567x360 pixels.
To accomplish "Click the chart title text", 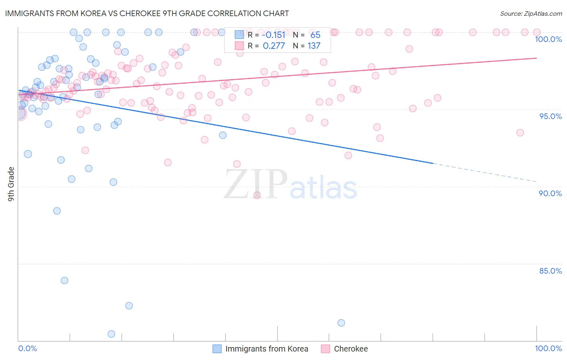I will click(x=147, y=13).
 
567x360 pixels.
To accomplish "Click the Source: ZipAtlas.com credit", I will click(x=531, y=13).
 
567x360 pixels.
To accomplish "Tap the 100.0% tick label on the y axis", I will click(x=548, y=39).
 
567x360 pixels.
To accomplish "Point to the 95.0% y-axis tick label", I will click(x=550, y=116).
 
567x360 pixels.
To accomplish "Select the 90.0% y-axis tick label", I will click(x=550, y=193).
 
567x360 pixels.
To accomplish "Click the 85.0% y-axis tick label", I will click(x=550, y=271).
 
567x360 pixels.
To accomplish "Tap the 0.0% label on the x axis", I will click(x=27, y=348).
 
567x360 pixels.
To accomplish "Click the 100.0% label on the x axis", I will click(x=548, y=348).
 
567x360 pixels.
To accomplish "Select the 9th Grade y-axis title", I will click(x=11, y=184).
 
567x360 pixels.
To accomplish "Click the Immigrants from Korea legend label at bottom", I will click(x=267, y=349).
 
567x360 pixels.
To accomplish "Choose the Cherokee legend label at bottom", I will click(x=351, y=349).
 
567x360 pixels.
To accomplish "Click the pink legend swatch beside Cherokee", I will click(x=325, y=349).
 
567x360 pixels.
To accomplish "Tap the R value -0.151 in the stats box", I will click(x=273, y=35).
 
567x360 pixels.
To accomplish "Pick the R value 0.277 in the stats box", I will click(x=274, y=46).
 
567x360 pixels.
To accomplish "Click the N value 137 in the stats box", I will click(x=314, y=46).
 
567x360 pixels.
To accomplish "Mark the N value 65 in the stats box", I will click(x=315, y=35).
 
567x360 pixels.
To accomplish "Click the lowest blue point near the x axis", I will click(x=111, y=334).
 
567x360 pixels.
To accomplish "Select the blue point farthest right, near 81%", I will click(x=341, y=323).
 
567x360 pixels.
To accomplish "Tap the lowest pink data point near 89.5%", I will click(x=257, y=195).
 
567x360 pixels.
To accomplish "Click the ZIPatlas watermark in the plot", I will click(x=290, y=185).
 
